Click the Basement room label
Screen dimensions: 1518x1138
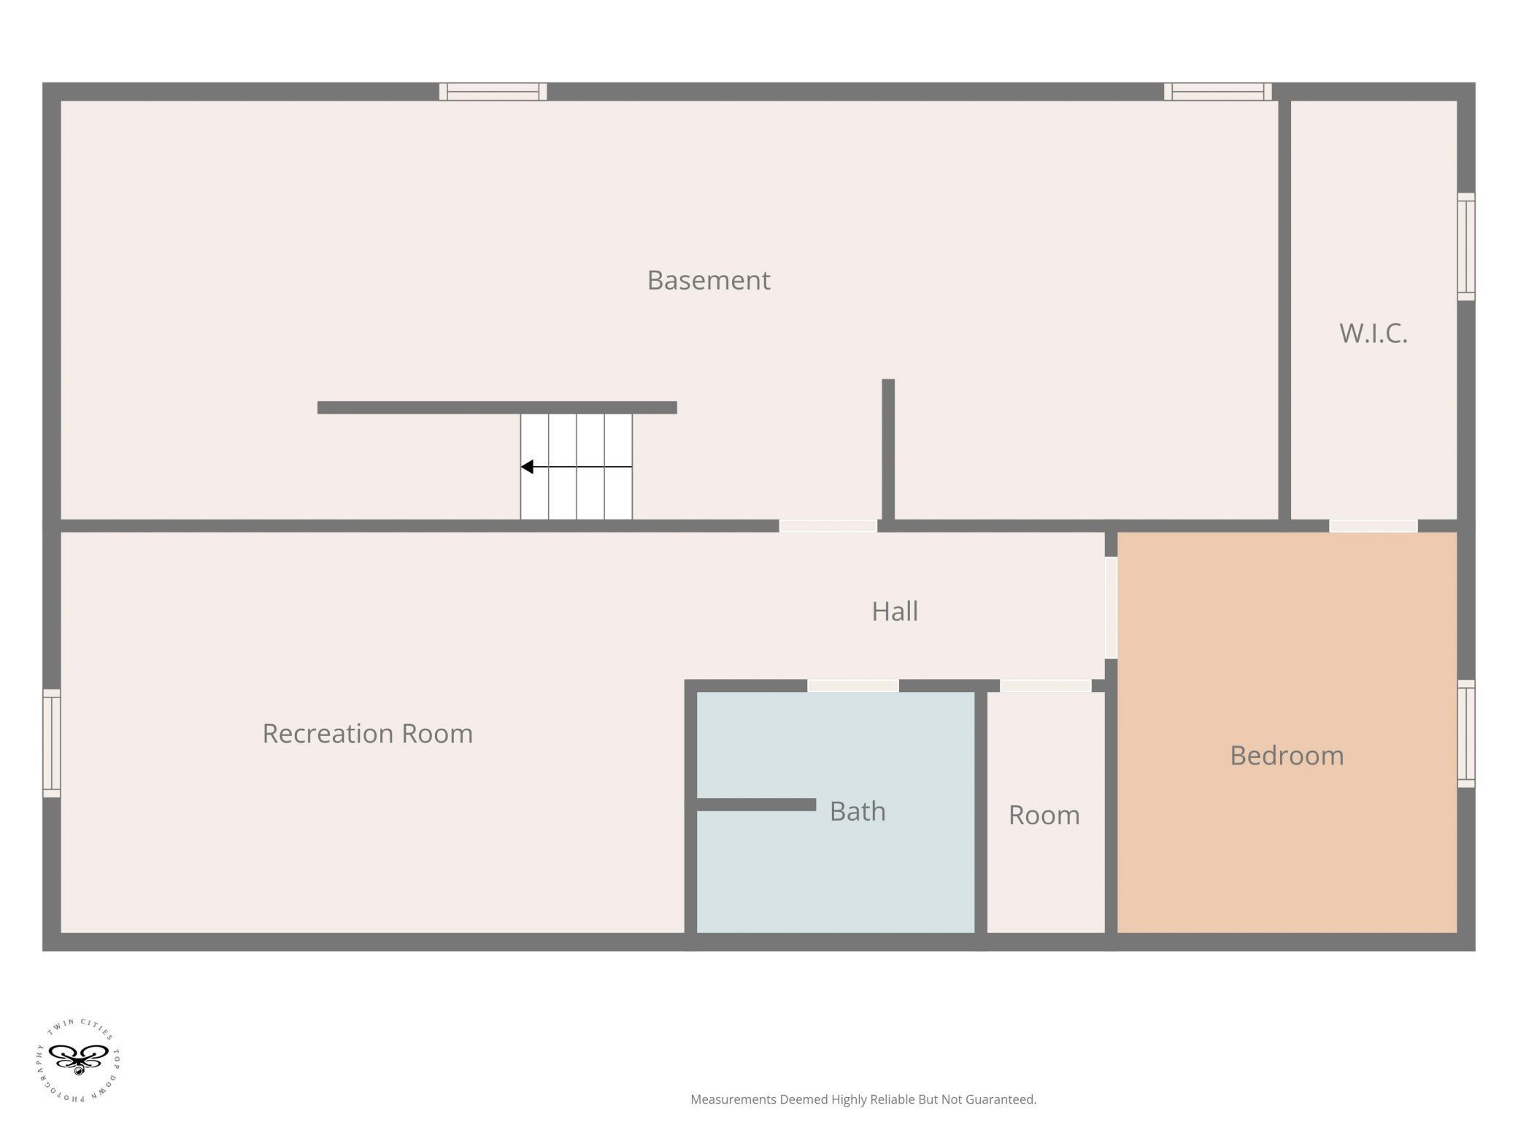(x=709, y=280)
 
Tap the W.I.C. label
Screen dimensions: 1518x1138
(x=1373, y=333)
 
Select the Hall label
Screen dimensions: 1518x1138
(x=895, y=611)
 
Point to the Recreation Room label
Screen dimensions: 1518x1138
(x=368, y=733)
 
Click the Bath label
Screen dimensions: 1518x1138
(x=858, y=811)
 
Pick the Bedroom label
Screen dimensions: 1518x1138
(x=1287, y=755)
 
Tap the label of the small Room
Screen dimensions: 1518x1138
(x=1044, y=815)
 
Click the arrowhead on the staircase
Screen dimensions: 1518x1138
(x=527, y=467)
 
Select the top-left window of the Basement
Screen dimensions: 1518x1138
(x=493, y=91)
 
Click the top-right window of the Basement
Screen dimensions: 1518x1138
(x=1218, y=91)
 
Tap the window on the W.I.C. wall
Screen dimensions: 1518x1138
(x=1466, y=247)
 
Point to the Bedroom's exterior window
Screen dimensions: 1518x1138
(x=1466, y=734)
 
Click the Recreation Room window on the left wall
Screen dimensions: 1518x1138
(x=51, y=743)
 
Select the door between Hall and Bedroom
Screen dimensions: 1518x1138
(x=1111, y=608)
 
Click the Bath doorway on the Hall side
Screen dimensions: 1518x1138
(x=852, y=686)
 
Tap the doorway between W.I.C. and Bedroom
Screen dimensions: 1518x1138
(x=1373, y=526)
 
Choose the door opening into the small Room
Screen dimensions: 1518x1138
(x=1045, y=686)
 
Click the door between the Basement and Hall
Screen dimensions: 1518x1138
(x=828, y=526)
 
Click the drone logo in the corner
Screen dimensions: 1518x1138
(x=78, y=1061)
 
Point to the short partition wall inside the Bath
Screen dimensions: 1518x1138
(x=756, y=805)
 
